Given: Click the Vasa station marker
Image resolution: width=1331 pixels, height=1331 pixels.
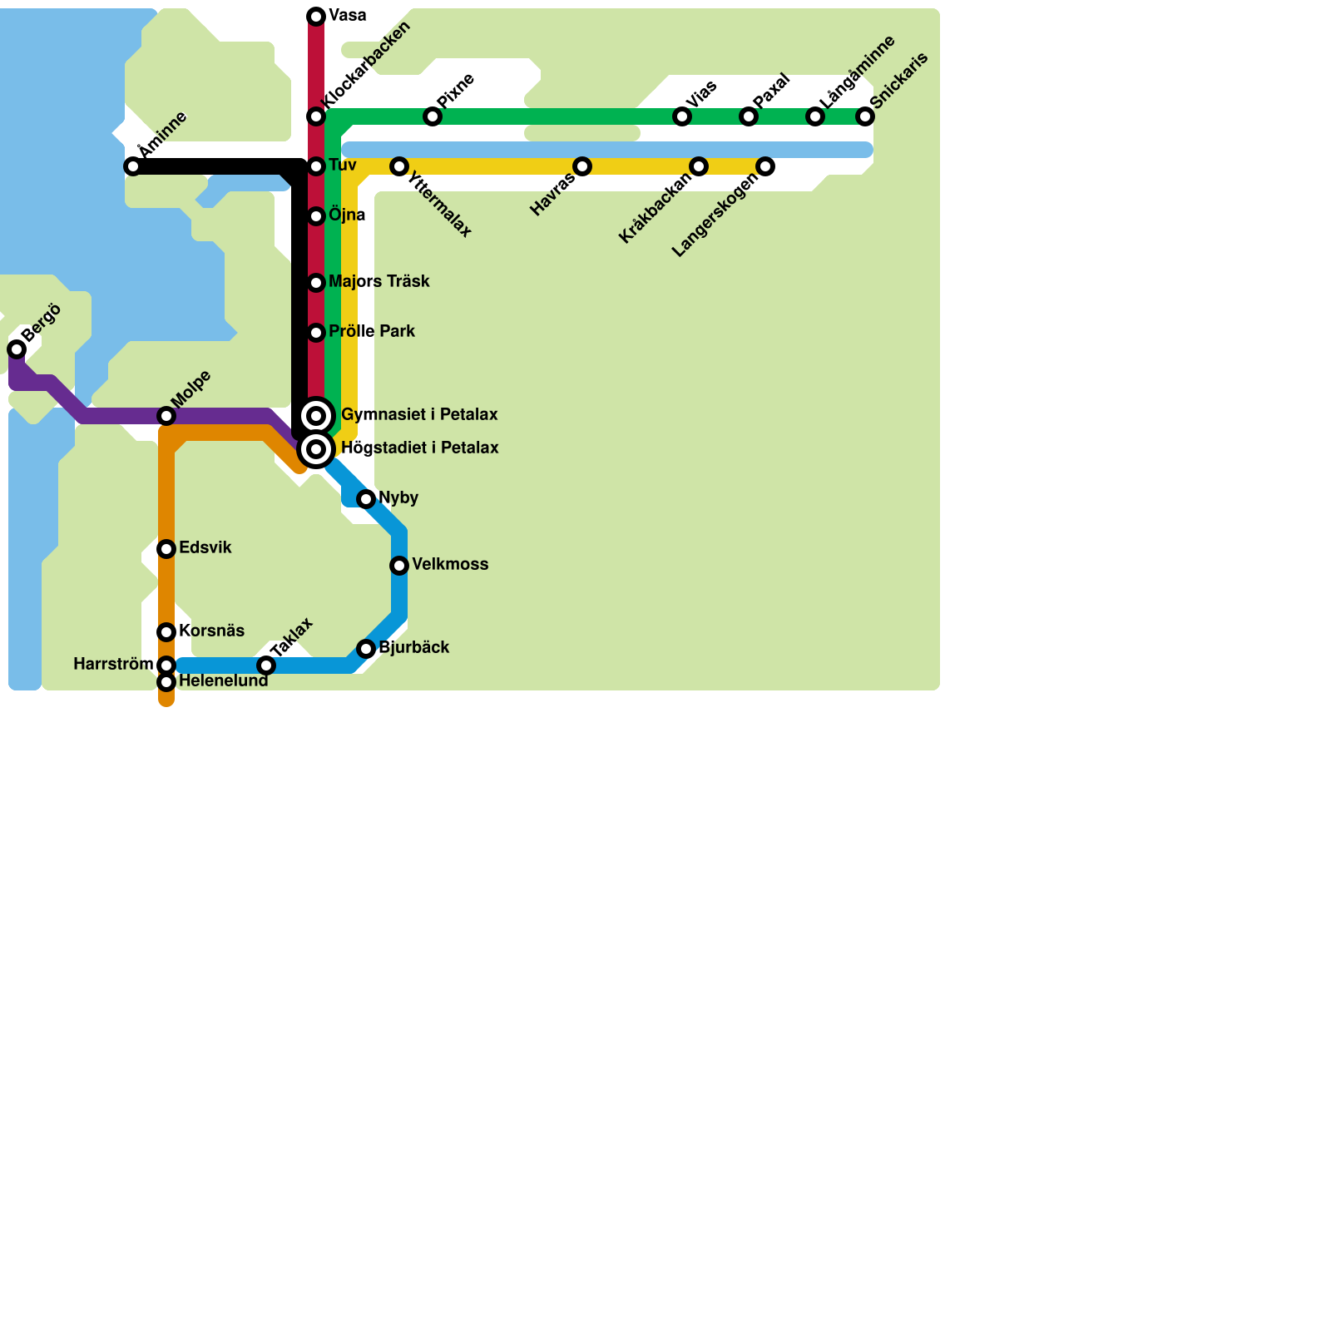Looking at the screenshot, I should click(x=316, y=17).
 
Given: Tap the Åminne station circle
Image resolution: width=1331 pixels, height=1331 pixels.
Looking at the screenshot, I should click(x=133, y=166).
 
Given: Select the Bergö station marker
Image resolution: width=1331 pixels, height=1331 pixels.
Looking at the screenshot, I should click(x=17, y=349).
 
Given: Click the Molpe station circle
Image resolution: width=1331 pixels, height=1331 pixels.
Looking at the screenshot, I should click(x=166, y=416).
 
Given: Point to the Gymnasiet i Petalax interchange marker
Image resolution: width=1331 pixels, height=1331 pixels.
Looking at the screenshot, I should click(x=316, y=416).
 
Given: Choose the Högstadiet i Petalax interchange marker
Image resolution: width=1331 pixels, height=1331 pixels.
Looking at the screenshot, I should click(x=316, y=449).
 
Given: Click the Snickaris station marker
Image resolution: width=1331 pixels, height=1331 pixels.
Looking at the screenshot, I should click(x=865, y=116).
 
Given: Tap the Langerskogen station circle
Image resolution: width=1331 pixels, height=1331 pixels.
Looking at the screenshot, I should click(x=765, y=166).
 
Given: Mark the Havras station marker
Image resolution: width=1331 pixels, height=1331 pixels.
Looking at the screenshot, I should click(x=582, y=166).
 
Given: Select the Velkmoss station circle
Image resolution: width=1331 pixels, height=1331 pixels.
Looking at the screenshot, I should click(x=399, y=566).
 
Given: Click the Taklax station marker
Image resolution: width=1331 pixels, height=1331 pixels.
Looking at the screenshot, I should click(x=266, y=665).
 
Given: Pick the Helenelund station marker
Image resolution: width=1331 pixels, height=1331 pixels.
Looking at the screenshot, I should click(x=166, y=682).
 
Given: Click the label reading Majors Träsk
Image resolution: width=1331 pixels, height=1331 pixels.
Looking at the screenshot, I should click(x=379, y=282).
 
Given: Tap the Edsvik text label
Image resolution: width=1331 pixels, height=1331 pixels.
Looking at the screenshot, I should click(x=205, y=548).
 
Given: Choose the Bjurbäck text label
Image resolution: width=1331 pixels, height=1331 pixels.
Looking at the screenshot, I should click(x=413, y=648).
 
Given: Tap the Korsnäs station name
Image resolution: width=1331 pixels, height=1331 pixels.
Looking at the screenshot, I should click(x=211, y=631).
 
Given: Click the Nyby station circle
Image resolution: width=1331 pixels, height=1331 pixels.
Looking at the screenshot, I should click(x=366, y=499).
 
